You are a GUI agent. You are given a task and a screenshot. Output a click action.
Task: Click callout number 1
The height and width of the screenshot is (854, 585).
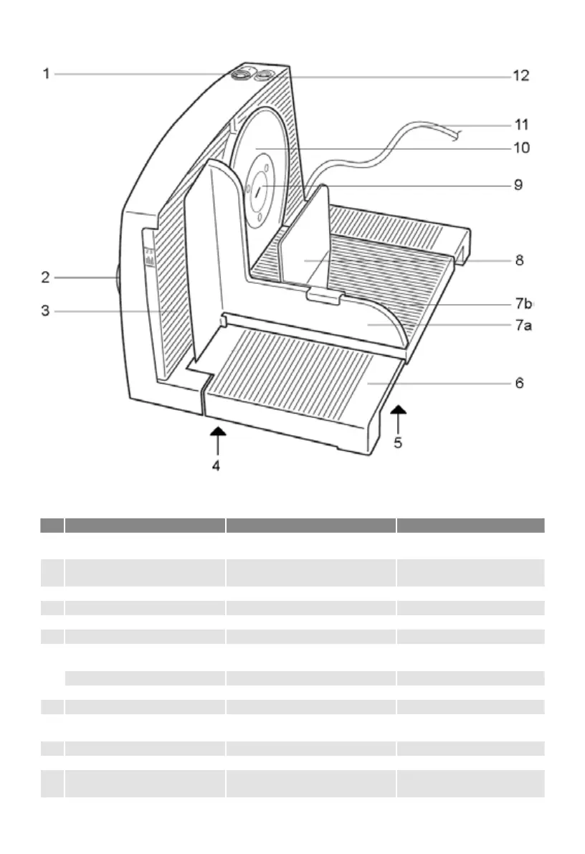(46, 73)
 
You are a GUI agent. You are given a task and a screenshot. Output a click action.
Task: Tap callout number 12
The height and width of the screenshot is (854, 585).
(521, 75)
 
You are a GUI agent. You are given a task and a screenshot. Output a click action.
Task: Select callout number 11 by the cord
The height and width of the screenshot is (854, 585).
(521, 125)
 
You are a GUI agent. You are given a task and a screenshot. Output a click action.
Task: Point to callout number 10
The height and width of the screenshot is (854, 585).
(521, 148)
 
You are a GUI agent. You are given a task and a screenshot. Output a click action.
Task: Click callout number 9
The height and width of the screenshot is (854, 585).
(518, 185)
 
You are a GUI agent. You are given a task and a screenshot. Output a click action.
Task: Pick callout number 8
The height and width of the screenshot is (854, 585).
(518, 260)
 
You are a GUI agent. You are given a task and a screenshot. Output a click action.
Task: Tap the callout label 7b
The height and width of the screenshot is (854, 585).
(525, 303)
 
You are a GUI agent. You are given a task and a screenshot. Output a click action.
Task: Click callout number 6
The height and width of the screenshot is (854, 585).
(518, 384)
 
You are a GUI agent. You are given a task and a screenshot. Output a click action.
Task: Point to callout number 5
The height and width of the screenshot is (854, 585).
(398, 443)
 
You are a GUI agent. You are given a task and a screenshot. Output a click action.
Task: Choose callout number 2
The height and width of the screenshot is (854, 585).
(46, 276)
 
